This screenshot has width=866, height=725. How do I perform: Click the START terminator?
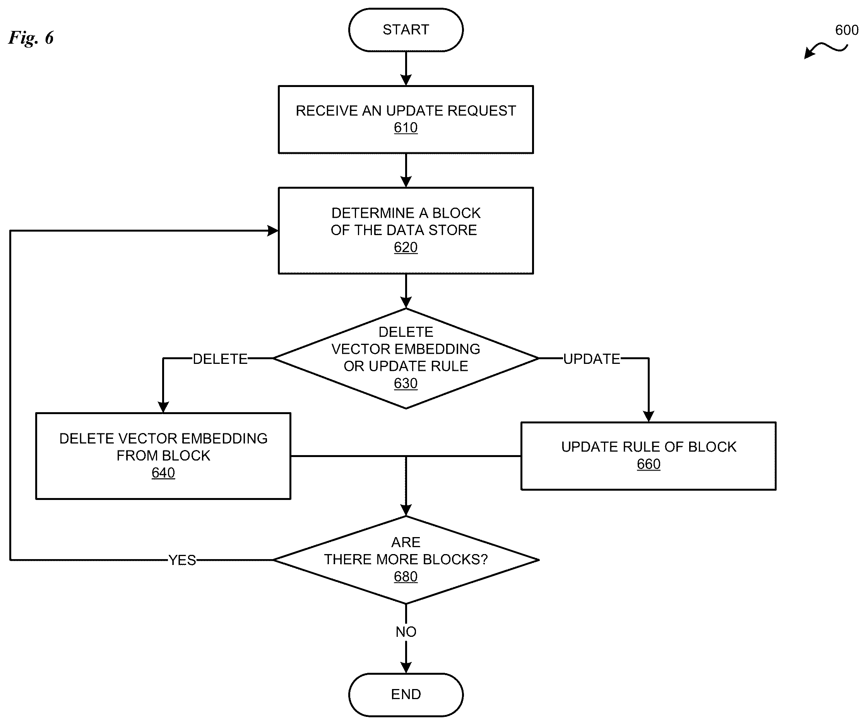pos(406,30)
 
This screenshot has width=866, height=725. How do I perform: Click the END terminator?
pos(406,694)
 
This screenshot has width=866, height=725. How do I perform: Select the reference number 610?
pos(406,128)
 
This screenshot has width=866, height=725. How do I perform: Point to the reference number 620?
pos(406,247)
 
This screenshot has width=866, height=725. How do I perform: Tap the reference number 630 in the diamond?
pos(406,383)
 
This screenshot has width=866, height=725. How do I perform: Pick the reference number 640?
pos(163,473)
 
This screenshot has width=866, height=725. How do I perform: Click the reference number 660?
pos(649,464)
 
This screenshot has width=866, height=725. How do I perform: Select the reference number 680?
pos(406,577)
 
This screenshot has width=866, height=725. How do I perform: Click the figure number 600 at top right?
pos(847,30)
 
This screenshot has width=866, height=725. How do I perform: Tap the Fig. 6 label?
pos(31,38)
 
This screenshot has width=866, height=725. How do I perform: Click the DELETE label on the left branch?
pos(220,359)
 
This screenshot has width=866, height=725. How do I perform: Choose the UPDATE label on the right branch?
pos(592,359)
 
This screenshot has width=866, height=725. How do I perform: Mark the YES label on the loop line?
pos(182,561)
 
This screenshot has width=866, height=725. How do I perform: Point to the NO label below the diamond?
pos(406,632)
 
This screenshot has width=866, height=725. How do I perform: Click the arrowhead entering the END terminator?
pos(406,668)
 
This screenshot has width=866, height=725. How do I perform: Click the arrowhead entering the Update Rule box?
pos(649,417)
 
